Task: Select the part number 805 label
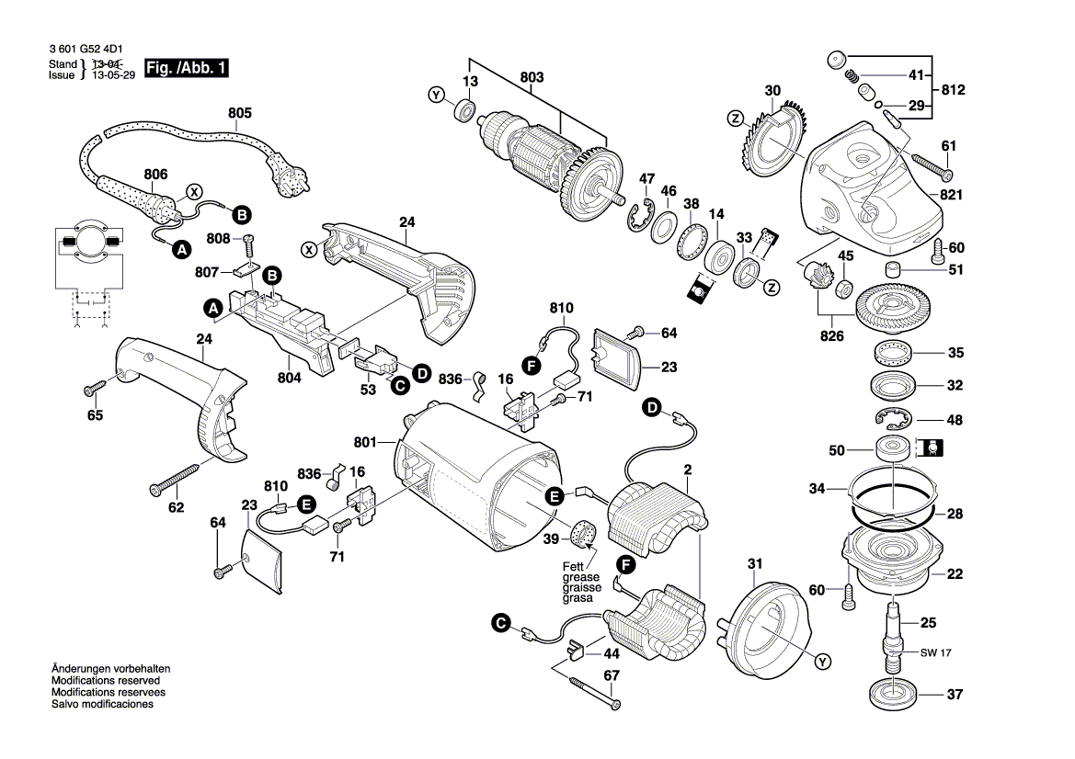tap(239, 113)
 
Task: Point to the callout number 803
tap(532, 77)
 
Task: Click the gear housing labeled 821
tap(874, 193)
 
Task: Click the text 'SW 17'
tap(934, 653)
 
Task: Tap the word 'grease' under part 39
tap(580, 577)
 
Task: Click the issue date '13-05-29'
tap(111, 76)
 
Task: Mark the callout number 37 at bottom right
tap(955, 695)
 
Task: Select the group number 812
tap(954, 90)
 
